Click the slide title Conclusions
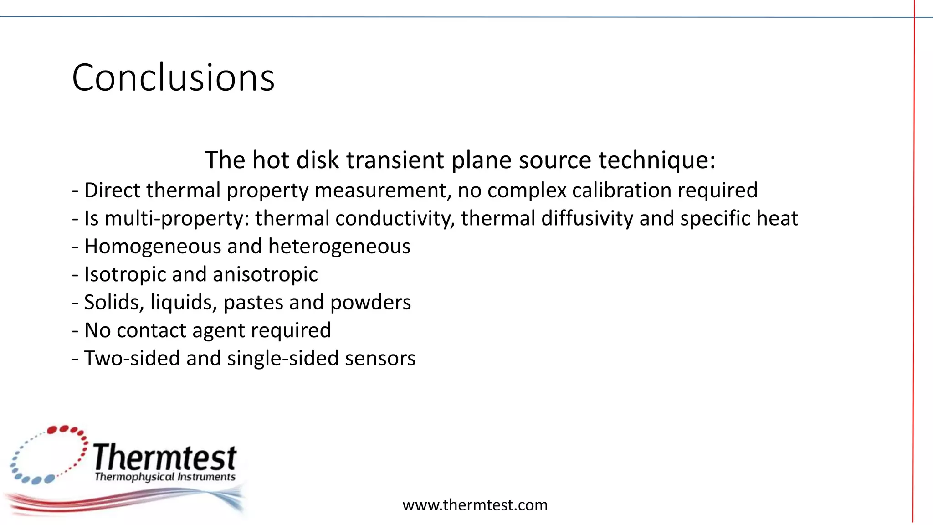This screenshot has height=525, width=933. coord(173,77)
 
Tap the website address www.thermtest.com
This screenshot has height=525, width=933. coord(475,505)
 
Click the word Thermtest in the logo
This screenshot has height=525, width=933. coord(165,458)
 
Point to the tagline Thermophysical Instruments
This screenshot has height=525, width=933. coord(165,477)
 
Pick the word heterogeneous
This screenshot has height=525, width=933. coord(339,247)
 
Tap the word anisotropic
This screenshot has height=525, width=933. coord(265,274)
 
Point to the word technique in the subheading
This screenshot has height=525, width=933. coord(656,160)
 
